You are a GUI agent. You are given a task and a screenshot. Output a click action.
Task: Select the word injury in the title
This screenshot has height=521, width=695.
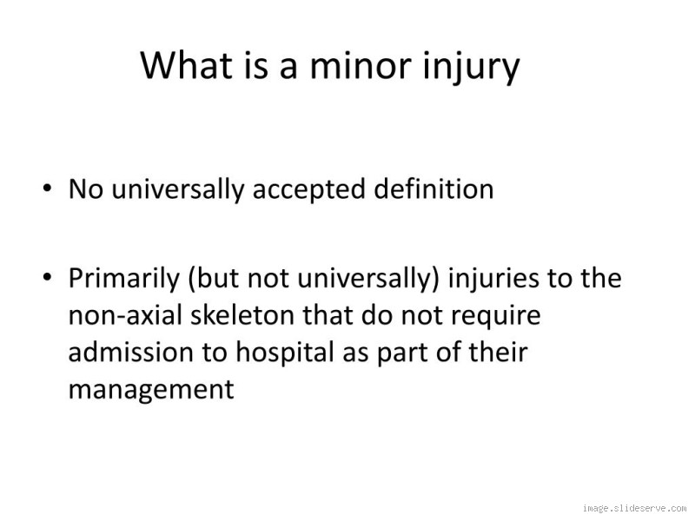coord(469,68)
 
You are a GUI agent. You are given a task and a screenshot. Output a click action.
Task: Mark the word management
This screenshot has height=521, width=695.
coord(151,389)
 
